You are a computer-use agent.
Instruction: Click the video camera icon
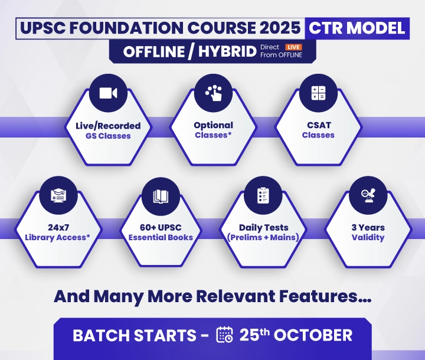click(x=108, y=93)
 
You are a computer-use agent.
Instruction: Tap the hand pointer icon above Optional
click(x=214, y=93)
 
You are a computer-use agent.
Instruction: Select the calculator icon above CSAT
click(x=319, y=93)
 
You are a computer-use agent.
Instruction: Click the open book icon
click(x=161, y=196)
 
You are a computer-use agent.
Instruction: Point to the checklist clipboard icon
click(x=263, y=195)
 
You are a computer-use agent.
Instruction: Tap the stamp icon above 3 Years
click(x=368, y=195)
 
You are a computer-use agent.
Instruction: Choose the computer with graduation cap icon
click(x=58, y=195)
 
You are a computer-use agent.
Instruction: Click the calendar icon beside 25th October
click(x=225, y=335)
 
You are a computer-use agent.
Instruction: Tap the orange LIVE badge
click(x=293, y=47)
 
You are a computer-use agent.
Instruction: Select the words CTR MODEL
click(x=357, y=28)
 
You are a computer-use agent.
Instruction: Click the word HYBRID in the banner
click(x=227, y=51)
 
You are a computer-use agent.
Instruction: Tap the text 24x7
click(x=58, y=227)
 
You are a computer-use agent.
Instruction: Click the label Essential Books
click(x=161, y=237)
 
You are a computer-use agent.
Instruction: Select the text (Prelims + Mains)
click(x=263, y=237)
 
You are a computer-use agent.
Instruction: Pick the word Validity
click(x=368, y=238)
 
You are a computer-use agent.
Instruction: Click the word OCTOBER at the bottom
click(x=313, y=335)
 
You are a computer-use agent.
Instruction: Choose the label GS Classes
click(x=108, y=136)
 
